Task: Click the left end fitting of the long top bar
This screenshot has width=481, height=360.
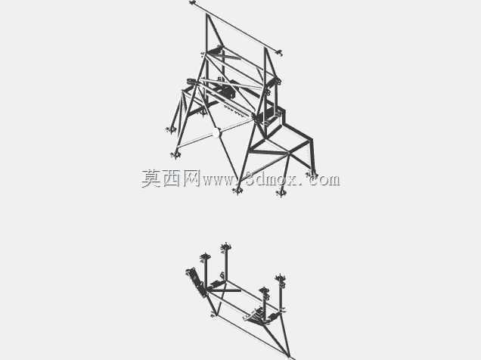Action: tap(193, 3)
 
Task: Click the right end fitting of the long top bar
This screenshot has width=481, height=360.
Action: tap(279, 52)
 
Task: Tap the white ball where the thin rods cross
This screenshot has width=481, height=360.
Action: tap(216, 132)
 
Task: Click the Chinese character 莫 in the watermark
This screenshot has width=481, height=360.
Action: tap(151, 178)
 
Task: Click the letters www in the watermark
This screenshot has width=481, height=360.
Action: tap(219, 181)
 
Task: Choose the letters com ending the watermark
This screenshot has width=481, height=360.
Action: tap(324, 180)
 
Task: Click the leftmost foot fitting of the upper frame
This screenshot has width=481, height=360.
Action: tap(170, 130)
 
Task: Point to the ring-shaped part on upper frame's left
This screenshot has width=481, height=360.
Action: tap(191, 82)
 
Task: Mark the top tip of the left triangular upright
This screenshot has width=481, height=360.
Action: tap(207, 14)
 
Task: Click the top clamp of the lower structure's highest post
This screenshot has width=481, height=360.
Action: tap(226, 247)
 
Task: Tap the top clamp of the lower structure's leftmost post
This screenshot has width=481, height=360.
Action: tap(205, 258)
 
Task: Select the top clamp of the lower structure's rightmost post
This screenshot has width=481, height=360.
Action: tap(281, 280)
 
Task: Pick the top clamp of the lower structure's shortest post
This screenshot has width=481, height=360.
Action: tap(263, 291)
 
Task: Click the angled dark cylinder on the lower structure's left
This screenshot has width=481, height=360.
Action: tap(195, 281)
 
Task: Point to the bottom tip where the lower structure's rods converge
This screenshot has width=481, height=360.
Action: tap(289, 356)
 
